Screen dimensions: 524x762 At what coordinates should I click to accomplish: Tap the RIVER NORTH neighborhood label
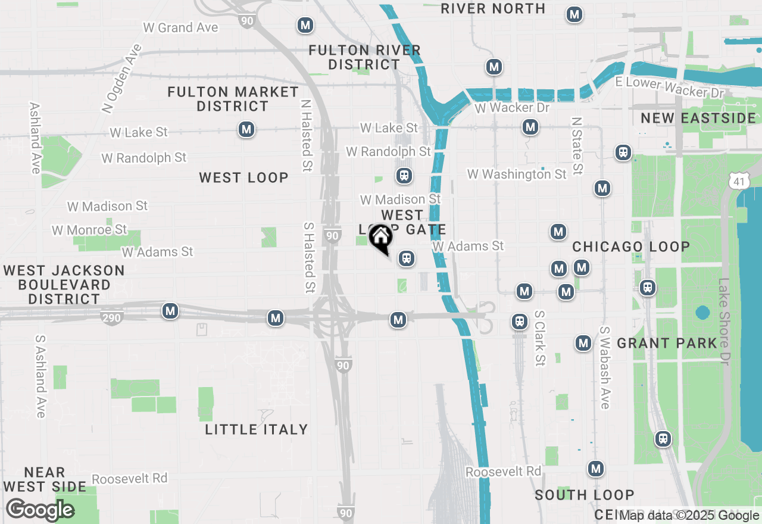click(494, 9)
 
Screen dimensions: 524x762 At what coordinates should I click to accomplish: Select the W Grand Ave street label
click(180, 27)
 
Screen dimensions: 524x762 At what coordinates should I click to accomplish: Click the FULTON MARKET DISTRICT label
click(233, 99)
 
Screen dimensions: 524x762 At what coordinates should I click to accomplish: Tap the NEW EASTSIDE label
click(698, 118)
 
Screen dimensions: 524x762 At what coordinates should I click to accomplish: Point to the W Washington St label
click(517, 174)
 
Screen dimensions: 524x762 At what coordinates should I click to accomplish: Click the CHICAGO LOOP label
click(631, 247)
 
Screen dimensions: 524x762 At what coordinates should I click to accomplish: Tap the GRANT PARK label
click(667, 343)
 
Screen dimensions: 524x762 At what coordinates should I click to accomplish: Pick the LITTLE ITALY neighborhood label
click(257, 429)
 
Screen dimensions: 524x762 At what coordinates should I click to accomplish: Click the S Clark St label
click(540, 338)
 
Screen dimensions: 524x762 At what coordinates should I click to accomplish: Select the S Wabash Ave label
click(605, 367)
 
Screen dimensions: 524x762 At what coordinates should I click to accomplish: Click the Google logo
click(40, 510)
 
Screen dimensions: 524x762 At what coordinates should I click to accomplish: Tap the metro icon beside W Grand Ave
click(305, 26)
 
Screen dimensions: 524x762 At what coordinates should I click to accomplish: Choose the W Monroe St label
click(89, 230)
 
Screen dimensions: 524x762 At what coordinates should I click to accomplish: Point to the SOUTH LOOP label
click(584, 495)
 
